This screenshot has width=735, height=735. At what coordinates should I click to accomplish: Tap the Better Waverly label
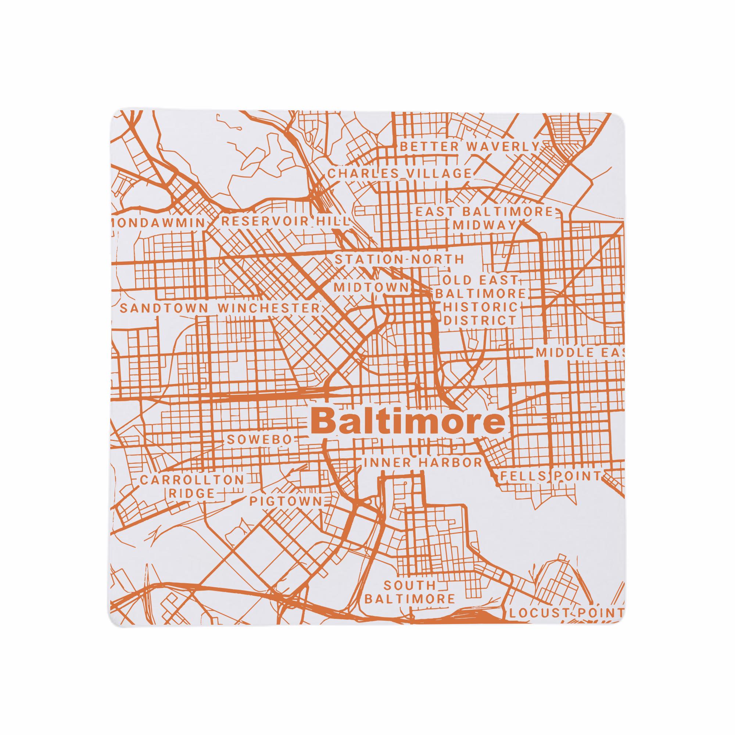point(470,146)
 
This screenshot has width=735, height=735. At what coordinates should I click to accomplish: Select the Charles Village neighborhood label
point(399,173)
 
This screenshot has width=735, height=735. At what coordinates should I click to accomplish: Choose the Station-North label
point(399,259)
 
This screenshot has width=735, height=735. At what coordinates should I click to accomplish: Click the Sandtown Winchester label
point(220,308)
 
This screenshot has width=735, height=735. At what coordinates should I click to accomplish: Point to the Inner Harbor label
point(423,463)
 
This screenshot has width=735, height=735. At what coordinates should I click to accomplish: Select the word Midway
point(484,225)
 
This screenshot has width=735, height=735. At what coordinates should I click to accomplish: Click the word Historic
point(481,306)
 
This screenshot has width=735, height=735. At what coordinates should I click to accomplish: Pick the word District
point(480,320)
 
